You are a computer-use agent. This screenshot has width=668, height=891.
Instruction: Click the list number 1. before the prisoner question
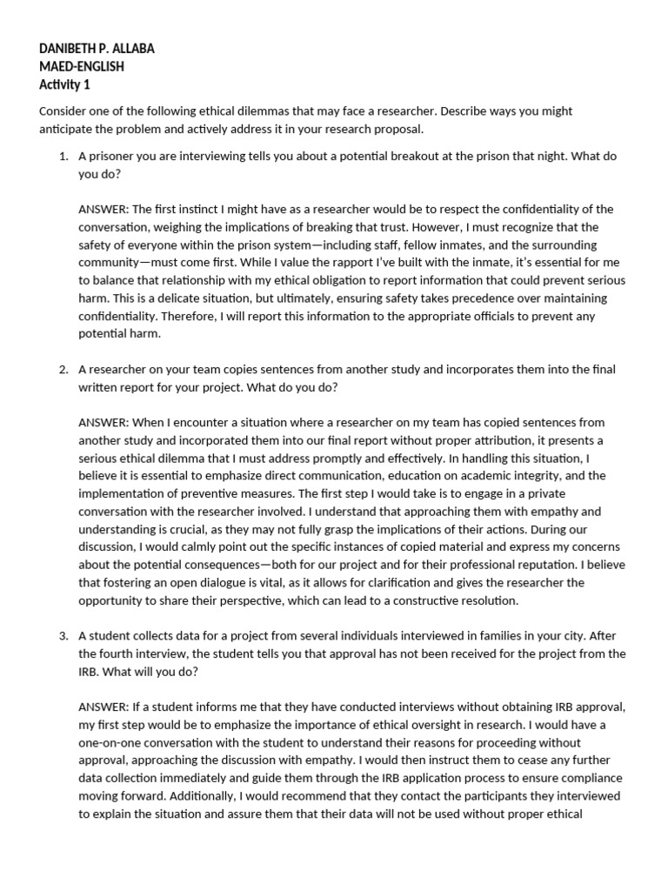point(63,157)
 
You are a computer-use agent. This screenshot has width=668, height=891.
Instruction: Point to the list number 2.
point(63,370)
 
